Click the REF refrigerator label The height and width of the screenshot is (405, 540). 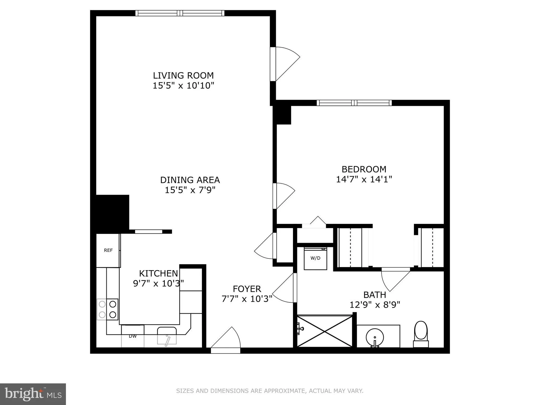(x=108, y=250)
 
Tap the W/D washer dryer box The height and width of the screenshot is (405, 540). (x=315, y=258)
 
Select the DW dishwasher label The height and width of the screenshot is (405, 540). (x=133, y=336)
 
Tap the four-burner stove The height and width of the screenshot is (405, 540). (x=107, y=309)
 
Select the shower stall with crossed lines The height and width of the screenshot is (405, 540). (x=325, y=331)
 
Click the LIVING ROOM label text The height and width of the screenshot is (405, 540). (x=183, y=75)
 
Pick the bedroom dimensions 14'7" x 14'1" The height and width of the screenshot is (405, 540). (x=364, y=179)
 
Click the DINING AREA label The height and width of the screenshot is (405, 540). (x=190, y=180)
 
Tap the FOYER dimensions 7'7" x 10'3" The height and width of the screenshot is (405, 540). (x=247, y=299)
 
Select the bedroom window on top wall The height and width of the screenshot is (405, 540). (x=354, y=103)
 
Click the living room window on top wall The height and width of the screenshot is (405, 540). (x=180, y=13)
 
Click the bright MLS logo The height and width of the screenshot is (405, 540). (x=33, y=394)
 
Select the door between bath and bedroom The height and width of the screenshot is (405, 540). (x=395, y=278)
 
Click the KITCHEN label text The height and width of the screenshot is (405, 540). (x=158, y=274)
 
